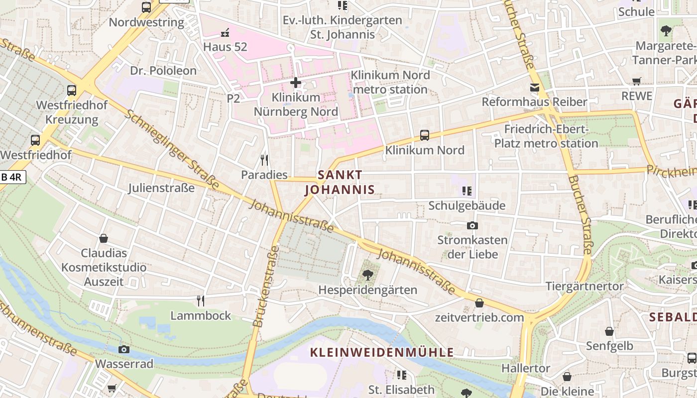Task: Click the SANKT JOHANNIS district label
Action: pos(340,182)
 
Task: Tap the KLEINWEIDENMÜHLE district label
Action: pos(382,353)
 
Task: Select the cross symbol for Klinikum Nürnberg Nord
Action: pos(296,82)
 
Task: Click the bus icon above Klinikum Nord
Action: pos(425,135)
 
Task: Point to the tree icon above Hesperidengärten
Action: pos(368,275)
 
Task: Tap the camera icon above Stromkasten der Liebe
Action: pos(472,225)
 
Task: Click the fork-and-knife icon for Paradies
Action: pos(264,160)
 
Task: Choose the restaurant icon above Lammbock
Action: pos(201,300)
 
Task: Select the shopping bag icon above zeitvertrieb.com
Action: pos(479,302)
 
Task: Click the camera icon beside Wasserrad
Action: pos(124,349)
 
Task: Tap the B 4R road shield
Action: pos(12,177)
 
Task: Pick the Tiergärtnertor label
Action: pos(584,286)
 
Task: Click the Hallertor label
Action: pos(526,369)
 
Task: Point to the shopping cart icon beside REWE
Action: pos(636,81)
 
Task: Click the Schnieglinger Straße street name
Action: pos(172,149)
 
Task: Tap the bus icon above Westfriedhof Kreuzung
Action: pos(72,91)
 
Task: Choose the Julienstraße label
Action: pos(161,188)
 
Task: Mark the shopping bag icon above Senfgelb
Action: pos(609,331)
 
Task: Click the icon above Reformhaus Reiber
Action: pos(535,88)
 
